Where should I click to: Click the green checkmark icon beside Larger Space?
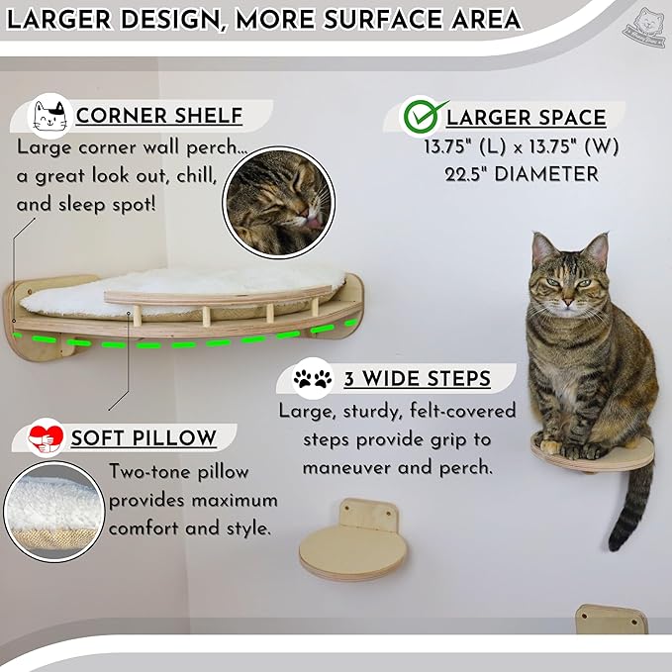pos(420,117)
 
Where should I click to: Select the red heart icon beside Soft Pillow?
pos(44,437)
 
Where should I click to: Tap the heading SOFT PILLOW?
pos(144,437)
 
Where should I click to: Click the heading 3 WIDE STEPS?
pos(417,379)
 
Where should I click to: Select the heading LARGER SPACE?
pos(526,117)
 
